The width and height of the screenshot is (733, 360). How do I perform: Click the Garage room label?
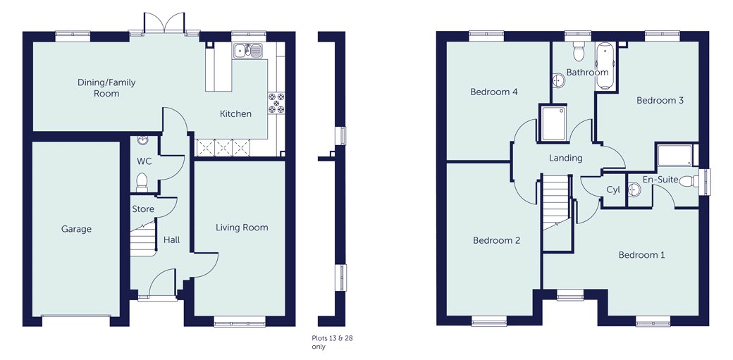tap(75, 229)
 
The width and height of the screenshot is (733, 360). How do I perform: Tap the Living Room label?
tap(242, 228)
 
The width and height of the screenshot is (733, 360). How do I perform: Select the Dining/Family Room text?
tap(106, 88)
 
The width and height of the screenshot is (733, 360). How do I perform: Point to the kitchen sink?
tap(248, 50)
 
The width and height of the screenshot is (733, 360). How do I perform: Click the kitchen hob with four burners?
tap(276, 103)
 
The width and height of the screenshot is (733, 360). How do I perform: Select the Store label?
tap(143, 209)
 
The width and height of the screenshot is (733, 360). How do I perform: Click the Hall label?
tap(171, 240)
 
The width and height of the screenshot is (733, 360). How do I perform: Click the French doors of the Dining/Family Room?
tap(165, 25)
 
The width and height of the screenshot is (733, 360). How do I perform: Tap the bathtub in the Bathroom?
tap(605, 67)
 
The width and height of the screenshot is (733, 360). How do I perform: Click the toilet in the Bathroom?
tap(579, 50)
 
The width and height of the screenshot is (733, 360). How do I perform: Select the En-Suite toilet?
tap(696, 181)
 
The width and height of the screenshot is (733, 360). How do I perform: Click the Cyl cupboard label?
tap(613, 190)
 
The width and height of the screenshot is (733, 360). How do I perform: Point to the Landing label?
tap(566, 159)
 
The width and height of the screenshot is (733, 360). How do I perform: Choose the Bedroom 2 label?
tap(496, 241)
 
